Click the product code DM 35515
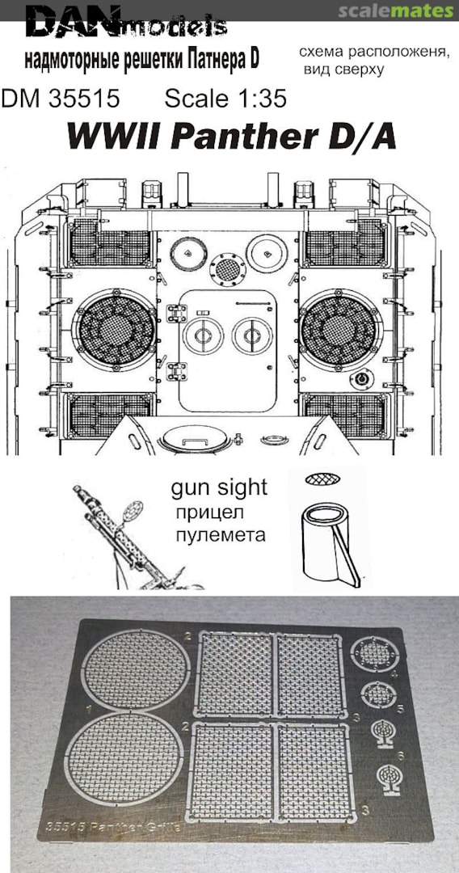[61, 99]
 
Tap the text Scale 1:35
[225, 99]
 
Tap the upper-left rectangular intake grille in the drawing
[111, 242]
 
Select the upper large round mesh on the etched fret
[136, 669]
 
